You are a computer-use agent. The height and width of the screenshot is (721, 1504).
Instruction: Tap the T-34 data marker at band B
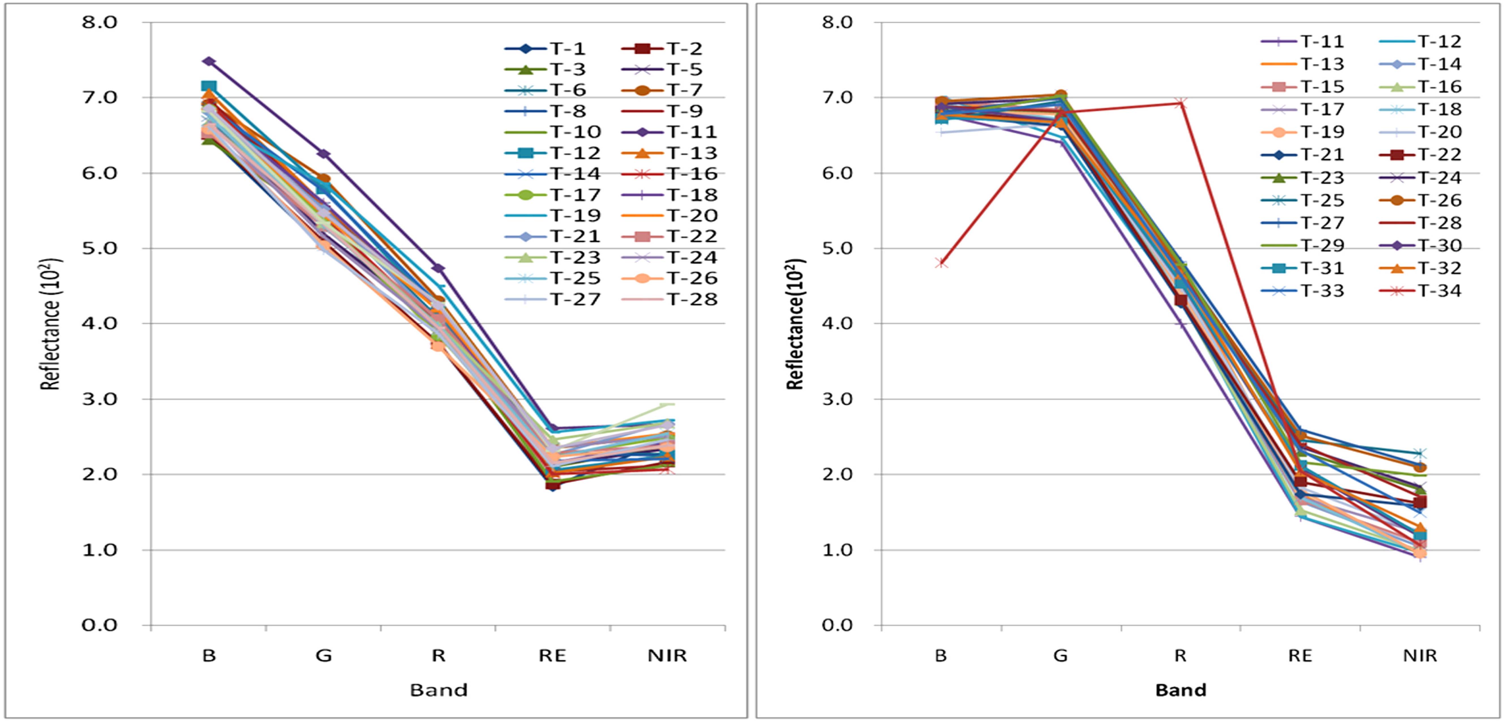(941, 263)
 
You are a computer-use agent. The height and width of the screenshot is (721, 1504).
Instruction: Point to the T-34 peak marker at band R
(1181, 103)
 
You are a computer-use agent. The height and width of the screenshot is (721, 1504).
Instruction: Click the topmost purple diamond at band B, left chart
(209, 61)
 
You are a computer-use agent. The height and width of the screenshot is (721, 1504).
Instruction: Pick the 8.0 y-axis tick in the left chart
(99, 22)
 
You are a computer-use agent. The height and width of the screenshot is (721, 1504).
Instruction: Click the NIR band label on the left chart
(667, 656)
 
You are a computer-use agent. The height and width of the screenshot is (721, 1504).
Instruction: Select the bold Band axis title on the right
(1181, 690)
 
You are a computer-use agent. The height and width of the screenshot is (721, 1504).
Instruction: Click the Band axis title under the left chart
(439, 690)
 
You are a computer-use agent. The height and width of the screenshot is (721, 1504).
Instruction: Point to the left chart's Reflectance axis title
(51, 324)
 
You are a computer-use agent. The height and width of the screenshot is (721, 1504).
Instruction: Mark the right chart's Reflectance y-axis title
(795, 324)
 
